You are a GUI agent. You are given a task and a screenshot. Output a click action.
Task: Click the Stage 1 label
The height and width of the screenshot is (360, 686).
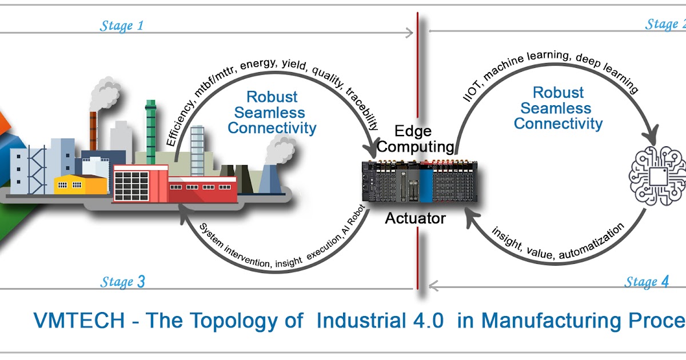122,26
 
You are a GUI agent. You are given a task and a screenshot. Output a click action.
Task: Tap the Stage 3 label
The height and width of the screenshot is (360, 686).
122,282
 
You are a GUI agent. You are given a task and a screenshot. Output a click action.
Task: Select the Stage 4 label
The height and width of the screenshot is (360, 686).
647,282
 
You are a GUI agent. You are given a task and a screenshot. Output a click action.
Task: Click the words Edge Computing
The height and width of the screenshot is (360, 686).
416,139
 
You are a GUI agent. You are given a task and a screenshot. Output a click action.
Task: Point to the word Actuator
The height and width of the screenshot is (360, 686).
415,218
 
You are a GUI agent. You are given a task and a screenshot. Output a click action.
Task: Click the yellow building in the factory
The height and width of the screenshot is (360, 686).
80,184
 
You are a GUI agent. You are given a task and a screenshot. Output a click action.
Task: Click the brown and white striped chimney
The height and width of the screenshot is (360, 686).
93,129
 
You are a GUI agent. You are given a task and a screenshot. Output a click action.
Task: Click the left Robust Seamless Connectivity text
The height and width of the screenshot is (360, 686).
272,113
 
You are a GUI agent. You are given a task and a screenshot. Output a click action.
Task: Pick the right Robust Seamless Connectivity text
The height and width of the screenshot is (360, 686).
558,108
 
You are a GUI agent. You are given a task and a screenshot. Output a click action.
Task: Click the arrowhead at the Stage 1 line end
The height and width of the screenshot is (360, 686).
408,33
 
